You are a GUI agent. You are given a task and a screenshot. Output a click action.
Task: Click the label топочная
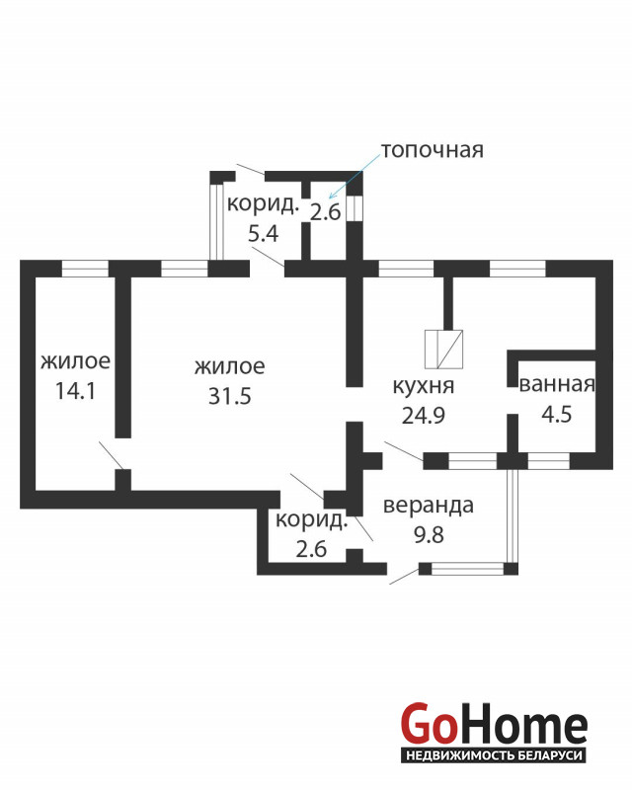click(432, 150)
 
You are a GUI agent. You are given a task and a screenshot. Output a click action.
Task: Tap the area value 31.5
click(230, 397)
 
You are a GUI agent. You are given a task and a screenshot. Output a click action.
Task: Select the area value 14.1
click(75, 391)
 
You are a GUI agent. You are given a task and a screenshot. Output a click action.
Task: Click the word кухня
click(424, 386)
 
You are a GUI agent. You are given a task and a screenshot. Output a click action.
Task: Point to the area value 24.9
click(424, 416)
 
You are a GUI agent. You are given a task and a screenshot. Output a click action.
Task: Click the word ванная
click(557, 384)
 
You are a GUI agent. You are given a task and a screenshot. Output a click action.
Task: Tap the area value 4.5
click(556, 414)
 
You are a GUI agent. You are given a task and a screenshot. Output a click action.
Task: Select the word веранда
click(429, 506)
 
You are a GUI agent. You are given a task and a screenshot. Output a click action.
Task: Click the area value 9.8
click(429, 534)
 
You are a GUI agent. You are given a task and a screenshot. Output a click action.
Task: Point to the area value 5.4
click(263, 234)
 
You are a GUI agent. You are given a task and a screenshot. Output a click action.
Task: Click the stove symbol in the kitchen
click(443, 350)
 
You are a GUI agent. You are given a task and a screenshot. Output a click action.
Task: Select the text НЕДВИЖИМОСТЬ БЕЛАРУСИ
click(494, 755)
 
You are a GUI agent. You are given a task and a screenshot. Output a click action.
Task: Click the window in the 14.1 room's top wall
click(85, 269)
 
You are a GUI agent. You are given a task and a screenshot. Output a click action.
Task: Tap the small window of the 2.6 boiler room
click(355, 208)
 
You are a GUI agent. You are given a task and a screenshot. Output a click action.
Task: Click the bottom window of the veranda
click(468, 569)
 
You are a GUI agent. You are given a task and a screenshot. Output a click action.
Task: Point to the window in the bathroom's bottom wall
click(549, 461)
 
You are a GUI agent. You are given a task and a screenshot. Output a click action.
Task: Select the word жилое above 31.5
click(230, 367)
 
